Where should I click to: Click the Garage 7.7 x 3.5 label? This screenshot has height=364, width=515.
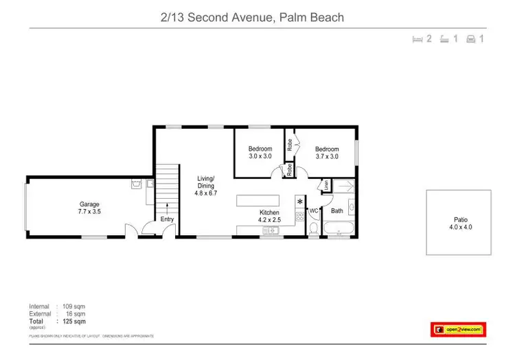coord(89,208)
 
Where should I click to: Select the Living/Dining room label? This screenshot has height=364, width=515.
coord(205,186)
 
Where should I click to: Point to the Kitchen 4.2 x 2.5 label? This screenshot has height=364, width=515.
coord(268,217)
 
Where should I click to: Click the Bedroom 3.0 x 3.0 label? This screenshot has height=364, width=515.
coord(260,153)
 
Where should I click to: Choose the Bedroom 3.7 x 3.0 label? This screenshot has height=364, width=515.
coord(327,153)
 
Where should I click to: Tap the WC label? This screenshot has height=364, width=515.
coord(313,211)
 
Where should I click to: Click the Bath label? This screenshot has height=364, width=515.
coord(336,211)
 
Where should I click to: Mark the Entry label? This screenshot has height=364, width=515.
coord(167,219)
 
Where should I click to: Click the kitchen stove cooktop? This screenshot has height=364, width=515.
coord(299,218)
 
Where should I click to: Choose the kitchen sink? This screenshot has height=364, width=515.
coord(270,231)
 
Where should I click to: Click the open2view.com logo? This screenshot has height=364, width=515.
coord(457,329)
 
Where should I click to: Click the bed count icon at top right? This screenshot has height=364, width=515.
coord(422,39)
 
